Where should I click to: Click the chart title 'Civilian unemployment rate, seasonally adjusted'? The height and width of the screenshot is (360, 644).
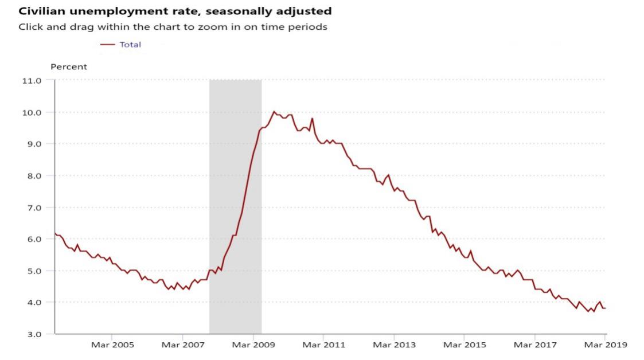click(x=175, y=11)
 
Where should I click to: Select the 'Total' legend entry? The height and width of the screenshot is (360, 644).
click(x=130, y=44)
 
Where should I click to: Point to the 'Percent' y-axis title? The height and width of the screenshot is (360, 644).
click(x=69, y=66)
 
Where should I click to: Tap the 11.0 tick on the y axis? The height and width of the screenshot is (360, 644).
click(x=32, y=81)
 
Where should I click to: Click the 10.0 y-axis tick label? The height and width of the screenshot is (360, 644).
click(x=32, y=112)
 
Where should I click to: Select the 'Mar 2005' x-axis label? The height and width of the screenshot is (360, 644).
click(x=112, y=345)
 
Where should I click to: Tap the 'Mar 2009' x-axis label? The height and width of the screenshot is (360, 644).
click(x=253, y=345)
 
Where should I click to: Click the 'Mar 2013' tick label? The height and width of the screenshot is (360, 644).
click(x=394, y=345)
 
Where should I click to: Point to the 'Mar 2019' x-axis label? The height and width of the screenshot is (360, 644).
click(x=606, y=345)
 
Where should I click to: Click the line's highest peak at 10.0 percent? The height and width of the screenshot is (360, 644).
click(x=274, y=111)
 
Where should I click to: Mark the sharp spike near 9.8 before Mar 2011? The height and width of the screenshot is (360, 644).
click(x=312, y=118)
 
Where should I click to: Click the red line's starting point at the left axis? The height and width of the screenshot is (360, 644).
click(x=55, y=233)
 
